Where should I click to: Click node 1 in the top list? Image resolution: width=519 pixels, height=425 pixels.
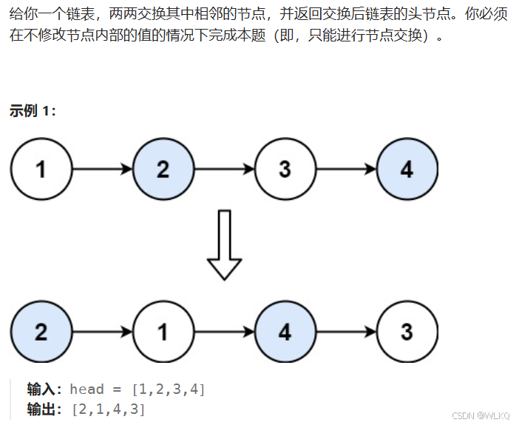click(41, 170)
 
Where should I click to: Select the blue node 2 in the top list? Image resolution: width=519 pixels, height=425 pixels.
click(163, 170)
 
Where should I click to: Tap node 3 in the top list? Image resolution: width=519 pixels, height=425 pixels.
click(285, 170)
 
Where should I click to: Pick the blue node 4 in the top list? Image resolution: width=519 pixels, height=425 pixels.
click(407, 170)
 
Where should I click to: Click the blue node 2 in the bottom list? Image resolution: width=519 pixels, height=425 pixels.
click(41, 331)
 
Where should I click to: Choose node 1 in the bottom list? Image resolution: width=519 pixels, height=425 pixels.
click(163, 331)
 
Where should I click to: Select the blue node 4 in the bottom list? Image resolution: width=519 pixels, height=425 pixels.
click(285, 331)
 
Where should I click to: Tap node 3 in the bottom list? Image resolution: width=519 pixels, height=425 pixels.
click(407, 331)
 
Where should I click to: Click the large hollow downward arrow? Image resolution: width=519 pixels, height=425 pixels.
click(224, 245)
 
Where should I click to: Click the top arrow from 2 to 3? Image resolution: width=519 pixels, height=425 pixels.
click(224, 170)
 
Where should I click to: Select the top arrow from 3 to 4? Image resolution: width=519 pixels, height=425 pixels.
click(345, 170)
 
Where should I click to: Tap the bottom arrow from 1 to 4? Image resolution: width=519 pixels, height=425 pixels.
click(224, 331)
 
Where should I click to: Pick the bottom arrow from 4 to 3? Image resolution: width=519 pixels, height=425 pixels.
click(345, 331)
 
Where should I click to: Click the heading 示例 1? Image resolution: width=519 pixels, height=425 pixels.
click(33, 111)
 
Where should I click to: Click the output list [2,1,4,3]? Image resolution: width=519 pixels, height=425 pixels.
click(108, 409)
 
